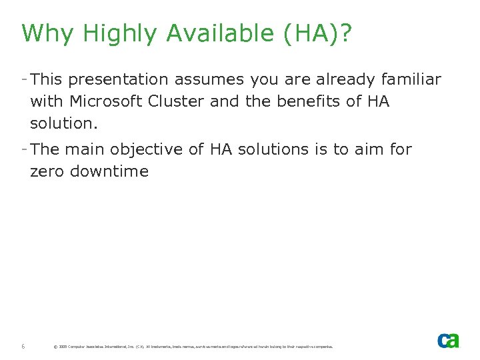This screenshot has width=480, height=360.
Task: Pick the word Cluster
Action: click(182, 102)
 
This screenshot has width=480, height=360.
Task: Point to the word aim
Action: click(369, 149)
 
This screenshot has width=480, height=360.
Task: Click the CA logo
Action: click(448, 340)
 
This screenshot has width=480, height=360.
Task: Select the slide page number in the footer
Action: click(23, 346)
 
